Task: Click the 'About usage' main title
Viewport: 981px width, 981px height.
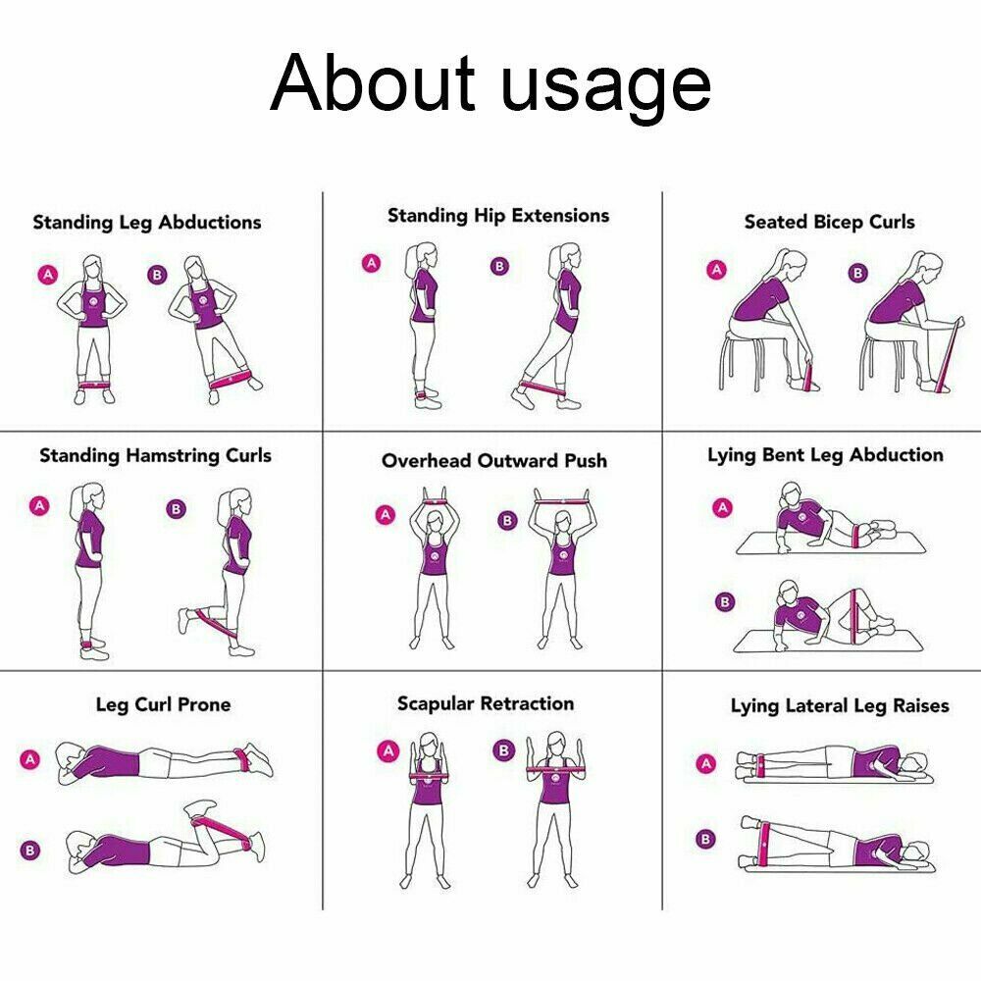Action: click(490, 84)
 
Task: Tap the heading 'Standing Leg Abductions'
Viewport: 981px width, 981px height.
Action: click(147, 222)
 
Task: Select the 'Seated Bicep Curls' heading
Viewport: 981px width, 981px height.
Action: click(830, 222)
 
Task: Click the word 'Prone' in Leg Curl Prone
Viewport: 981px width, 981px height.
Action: click(204, 704)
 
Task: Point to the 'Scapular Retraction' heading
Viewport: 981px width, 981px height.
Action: click(486, 703)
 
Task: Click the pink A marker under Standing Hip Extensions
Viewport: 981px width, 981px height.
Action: click(372, 263)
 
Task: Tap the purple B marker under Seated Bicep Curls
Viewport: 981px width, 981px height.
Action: click(858, 273)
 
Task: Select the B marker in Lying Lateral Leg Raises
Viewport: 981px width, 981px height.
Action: click(705, 839)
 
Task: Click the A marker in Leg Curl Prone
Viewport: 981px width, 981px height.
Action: click(30, 759)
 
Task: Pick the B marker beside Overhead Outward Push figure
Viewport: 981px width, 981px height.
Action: click(507, 521)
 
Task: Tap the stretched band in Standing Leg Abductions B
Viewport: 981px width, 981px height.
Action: click(231, 379)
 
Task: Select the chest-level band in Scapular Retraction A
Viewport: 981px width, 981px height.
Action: click(430, 776)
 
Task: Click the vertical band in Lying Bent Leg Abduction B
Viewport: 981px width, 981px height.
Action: click(852, 616)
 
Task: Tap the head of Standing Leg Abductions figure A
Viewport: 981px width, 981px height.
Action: click(92, 268)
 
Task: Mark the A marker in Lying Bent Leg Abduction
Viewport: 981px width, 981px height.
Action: click(723, 507)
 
